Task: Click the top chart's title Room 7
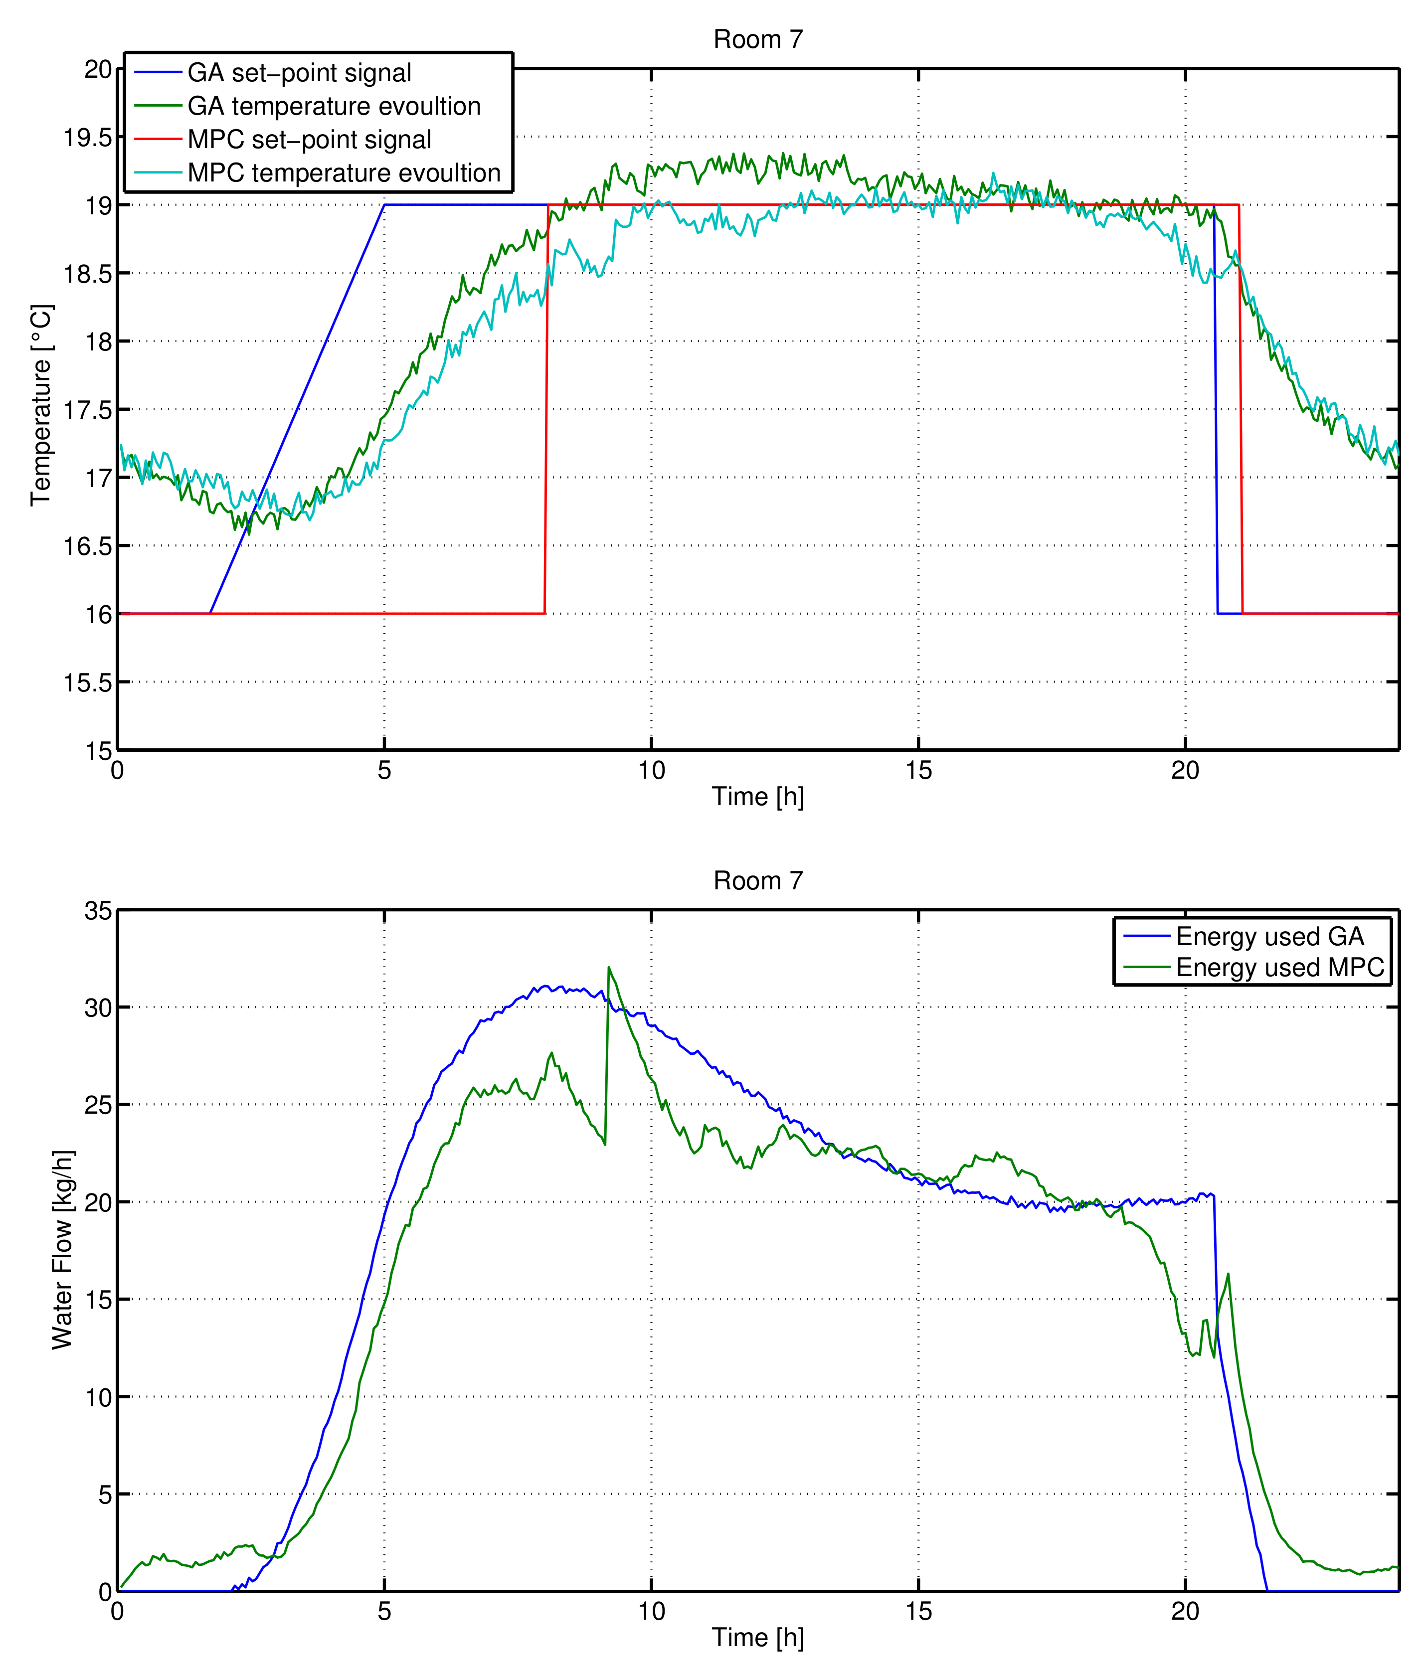757,39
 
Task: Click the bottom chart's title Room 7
757,880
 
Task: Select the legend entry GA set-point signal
299,73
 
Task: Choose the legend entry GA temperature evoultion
334,106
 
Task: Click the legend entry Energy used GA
1269,936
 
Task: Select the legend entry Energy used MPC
1280,967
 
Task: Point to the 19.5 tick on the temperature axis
87,138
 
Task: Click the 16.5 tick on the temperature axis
87,546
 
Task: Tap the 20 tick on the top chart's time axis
1185,770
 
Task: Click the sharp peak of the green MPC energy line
609,968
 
